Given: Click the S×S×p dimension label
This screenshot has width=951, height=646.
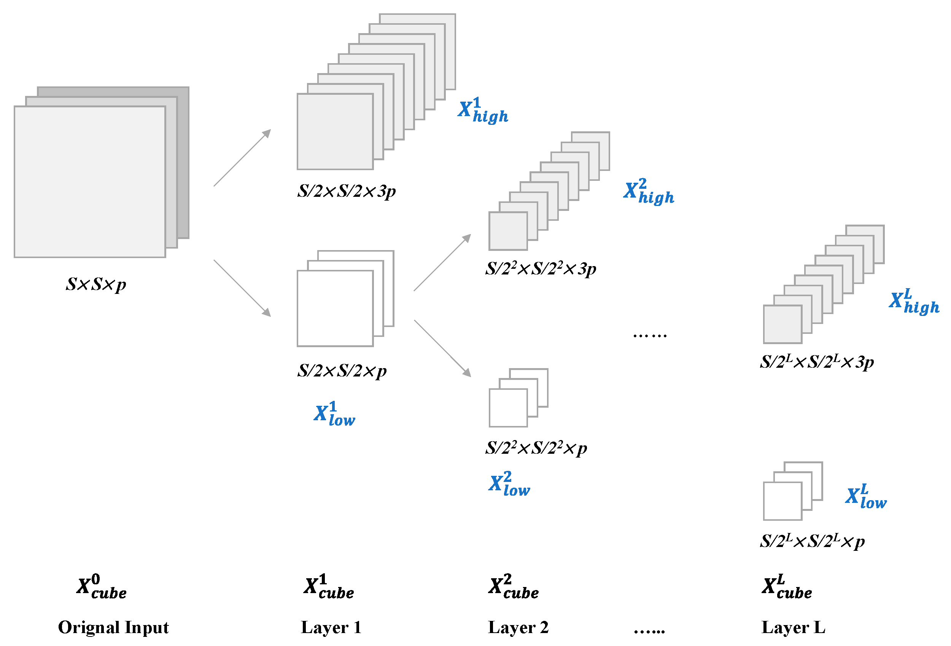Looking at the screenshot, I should (x=96, y=284).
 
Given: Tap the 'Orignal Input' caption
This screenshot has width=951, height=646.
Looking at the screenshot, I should (x=113, y=627).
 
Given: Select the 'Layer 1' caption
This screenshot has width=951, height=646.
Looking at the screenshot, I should (x=331, y=627).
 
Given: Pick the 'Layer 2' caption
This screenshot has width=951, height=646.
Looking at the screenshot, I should (x=518, y=627).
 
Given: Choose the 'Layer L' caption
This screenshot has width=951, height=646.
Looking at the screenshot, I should (x=793, y=627).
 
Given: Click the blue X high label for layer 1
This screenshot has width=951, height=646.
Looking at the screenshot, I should (x=483, y=110).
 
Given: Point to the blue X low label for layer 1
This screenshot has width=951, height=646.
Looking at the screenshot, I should (x=334, y=414).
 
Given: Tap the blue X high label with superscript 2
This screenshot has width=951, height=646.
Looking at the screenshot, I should (x=649, y=191).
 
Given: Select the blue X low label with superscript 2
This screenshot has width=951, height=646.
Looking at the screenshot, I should (x=509, y=484).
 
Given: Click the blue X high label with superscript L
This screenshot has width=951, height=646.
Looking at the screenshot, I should (x=914, y=301).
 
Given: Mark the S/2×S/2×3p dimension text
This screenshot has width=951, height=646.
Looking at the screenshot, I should (x=346, y=191).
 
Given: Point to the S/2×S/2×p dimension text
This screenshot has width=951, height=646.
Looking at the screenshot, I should (x=342, y=371).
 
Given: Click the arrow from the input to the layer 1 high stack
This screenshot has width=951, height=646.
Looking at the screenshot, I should (x=242, y=158).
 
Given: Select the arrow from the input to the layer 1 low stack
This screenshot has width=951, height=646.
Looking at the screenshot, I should (x=242, y=288).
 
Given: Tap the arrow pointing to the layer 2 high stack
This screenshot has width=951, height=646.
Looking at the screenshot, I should (x=442, y=262).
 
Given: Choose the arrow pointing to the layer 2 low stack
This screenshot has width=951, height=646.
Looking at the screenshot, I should (x=442, y=348).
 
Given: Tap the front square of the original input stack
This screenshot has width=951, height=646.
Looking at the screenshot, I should (x=90, y=182).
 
